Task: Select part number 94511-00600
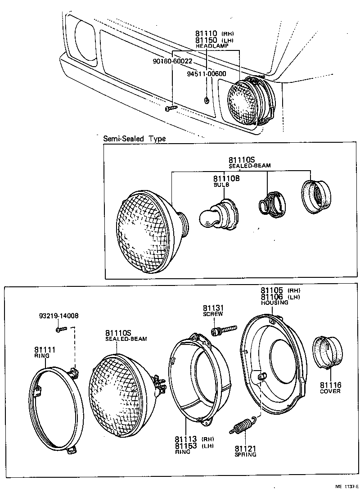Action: [x=207, y=74]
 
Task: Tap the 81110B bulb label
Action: [x=226, y=179]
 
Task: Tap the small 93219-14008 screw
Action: [x=61, y=330]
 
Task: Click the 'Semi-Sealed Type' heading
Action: [x=135, y=139]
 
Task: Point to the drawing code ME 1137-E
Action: [x=346, y=486]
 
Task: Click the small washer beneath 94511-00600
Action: [x=207, y=100]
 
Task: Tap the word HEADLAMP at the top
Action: [x=212, y=46]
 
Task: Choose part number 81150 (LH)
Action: [x=207, y=40]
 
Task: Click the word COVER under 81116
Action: [x=330, y=391]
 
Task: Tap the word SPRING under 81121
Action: [x=245, y=454]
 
